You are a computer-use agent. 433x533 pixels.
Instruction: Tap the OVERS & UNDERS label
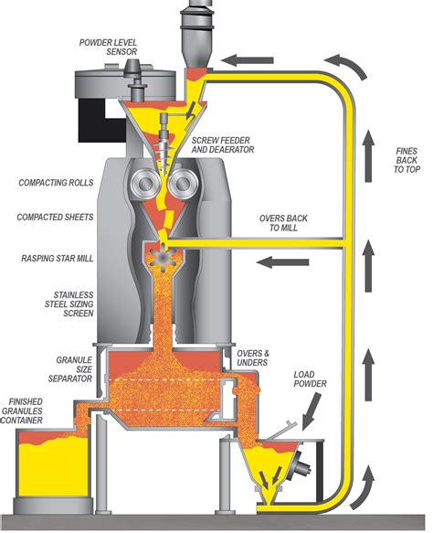[253, 358]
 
